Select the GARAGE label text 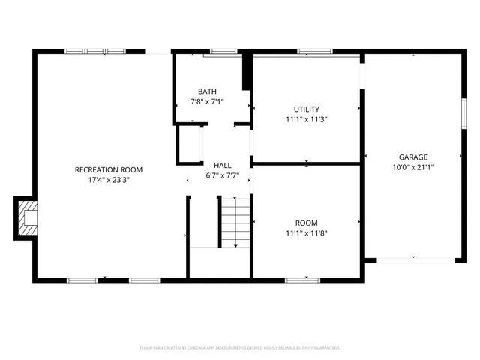(412, 157)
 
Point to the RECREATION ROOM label (109, 170)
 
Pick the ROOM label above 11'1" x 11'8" (306, 223)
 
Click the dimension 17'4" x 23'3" (109, 180)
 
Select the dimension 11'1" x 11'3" (307, 118)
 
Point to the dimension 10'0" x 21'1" (412, 167)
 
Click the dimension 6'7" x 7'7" (223, 176)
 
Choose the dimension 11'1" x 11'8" (306, 232)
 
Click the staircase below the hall (233, 222)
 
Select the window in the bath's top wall (221, 52)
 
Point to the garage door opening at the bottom (414, 259)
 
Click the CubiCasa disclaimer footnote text (240, 347)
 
